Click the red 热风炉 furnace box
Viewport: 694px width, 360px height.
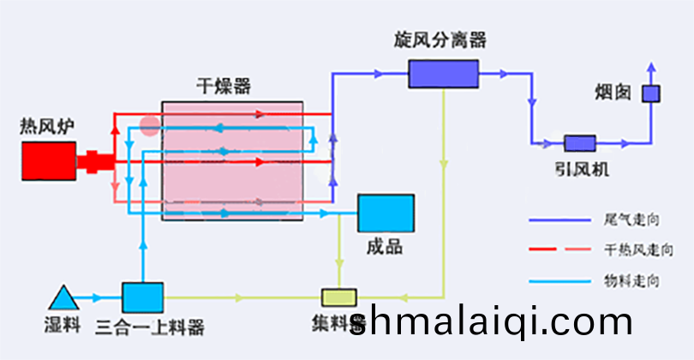[x=48, y=160]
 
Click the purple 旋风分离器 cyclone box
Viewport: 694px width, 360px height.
[x=443, y=73]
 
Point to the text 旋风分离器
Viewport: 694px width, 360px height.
[x=440, y=40]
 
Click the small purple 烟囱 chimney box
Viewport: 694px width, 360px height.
[x=651, y=93]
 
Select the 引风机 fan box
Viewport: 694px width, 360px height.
[x=580, y=143]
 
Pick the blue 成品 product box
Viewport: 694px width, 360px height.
[x=386, y=213]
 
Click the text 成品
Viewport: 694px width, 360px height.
[x=384, y=247]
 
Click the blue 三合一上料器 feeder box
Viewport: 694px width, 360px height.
[x=142, y=297]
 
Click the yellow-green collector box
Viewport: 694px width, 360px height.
[x=338, y=297]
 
